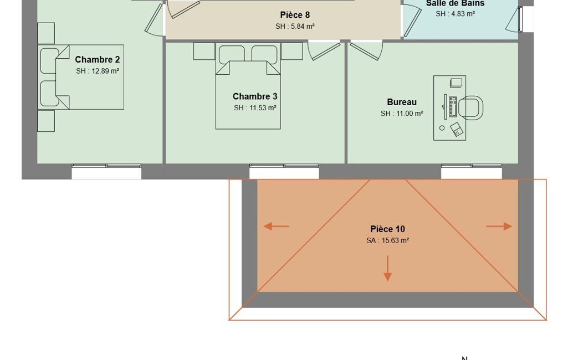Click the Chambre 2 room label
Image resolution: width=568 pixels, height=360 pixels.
click(x=98, y=59)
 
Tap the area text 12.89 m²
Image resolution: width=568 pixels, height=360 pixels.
click(x=105, y=71)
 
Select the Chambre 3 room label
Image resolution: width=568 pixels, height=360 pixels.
click(x=255, y=96)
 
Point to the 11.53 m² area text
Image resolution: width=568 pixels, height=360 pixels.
click(x=263, y=108)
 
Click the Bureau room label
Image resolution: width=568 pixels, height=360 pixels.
click(x=402, y=102)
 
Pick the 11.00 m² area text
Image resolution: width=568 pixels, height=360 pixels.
click(x=410, y=114)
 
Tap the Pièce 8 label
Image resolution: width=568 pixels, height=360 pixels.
click(x=295, y=15)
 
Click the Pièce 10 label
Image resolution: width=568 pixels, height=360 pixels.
click(x=387, y=229)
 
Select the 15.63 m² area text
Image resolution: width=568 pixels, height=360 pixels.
click(x=396, y=240)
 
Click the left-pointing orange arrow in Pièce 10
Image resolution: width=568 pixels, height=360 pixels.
click(x=277, y=227)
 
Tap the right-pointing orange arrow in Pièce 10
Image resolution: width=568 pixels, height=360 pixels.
click(x=499, y=227)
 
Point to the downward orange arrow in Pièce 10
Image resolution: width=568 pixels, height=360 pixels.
click(x=387, y=269)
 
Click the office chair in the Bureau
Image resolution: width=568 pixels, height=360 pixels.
click(x=471, y=107)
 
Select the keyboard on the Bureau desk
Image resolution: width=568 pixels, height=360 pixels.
click(x=452, y=106)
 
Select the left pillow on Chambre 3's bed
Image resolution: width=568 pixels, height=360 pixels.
click(x=232, y=54)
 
